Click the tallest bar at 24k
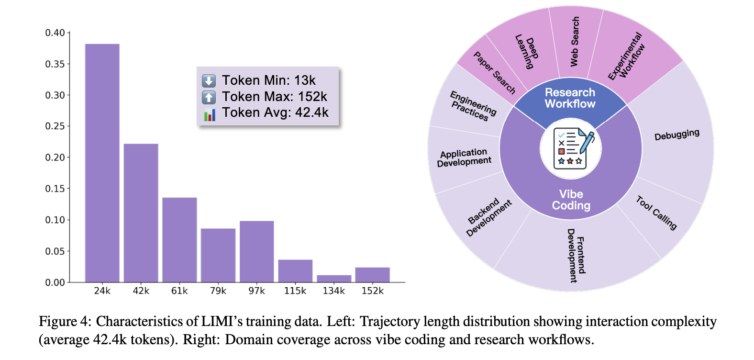pyautogui.click(x=102, y=163)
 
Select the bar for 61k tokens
pyautogui.click(x=179, y=239)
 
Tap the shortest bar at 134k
pyautogui.click(x=334, y=279)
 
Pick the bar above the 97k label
pyautogui.click(x=257, y=251)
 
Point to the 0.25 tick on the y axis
pyautogui.click(x=55, y=126)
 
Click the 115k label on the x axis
pyautogui.click(x=295, y=291)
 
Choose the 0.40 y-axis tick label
pyautogui.click(x=55, y=33)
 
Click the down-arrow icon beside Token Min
pyautogui.click(x=209, y=80)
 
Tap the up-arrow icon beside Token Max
pyautogui.click(x=209, y=97)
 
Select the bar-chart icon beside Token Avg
pyautogui.click(x=209, y=114)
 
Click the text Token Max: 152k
pyautogui.click(x=275, y=97)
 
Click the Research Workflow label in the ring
pyautogui.click(x=570, y=98)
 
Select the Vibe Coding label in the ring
pyautogui.click(x=571, y=200)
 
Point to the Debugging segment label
pyautogui.click(x=676, y=135)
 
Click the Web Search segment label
pyautogui.click(x=575, y=42)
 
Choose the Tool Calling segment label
pyautogui.click(x=656, y=213)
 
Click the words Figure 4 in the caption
pyautogui.click(x=64, y=322)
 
